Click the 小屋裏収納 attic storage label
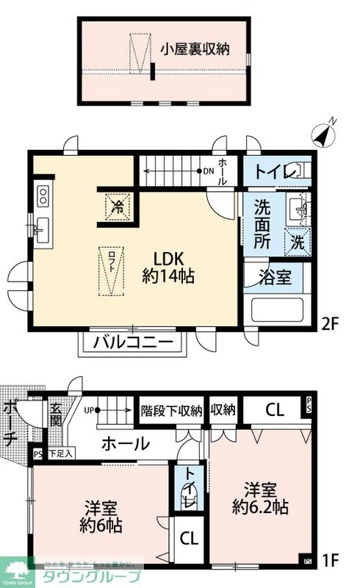click(x=196, y=49)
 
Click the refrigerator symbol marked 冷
click(x=118, y=204)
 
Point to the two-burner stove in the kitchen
click(x=43, y=196)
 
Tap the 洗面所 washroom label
click(x=263, y=222)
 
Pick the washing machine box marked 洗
click(x=298, y=240)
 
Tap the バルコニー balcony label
click(x=134, y=343)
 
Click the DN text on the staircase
click(x=208, y=171)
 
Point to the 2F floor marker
click(x=330, y=322)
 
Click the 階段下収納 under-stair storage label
click(x=171, y=411)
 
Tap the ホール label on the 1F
click(x=126, y=444)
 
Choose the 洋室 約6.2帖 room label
click(x=260, y=498)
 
